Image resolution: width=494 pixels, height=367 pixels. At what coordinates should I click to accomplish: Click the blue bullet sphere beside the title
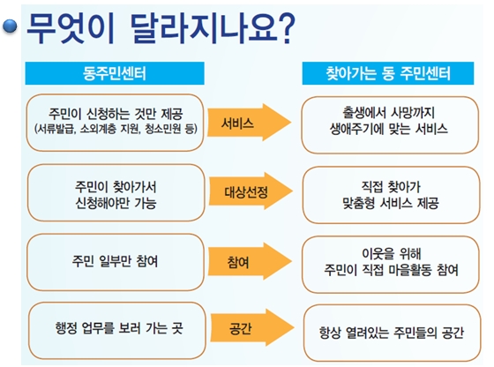pos(10,26)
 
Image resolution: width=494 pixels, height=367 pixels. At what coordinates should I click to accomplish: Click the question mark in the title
pos(287,28)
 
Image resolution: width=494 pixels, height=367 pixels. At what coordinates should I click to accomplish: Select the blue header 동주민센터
pos(115,73)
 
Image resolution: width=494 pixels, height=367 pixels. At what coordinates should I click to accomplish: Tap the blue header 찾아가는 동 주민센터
pos(388,73)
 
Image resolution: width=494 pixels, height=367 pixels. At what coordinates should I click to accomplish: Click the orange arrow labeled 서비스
pos(249,123)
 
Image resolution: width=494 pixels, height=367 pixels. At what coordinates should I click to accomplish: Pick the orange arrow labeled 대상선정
pos(251,191)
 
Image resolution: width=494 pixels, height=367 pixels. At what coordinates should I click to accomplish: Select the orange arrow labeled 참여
pos(250,261)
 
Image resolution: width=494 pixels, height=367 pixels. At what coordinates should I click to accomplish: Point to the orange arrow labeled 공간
pos(252,327)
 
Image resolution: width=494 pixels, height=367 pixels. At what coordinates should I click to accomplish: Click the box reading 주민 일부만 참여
pos(116,262)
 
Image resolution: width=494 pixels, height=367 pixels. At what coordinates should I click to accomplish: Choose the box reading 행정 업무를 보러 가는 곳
pos(116,331)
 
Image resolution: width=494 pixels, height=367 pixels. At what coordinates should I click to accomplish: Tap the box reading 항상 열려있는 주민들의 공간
pos(392,333)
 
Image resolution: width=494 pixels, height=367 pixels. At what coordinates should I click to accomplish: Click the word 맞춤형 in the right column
pos(358,203)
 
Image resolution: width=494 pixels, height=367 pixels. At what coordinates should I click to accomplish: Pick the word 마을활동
pos(410,270)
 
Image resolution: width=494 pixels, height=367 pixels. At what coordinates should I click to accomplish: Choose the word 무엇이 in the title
pos(71,28)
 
